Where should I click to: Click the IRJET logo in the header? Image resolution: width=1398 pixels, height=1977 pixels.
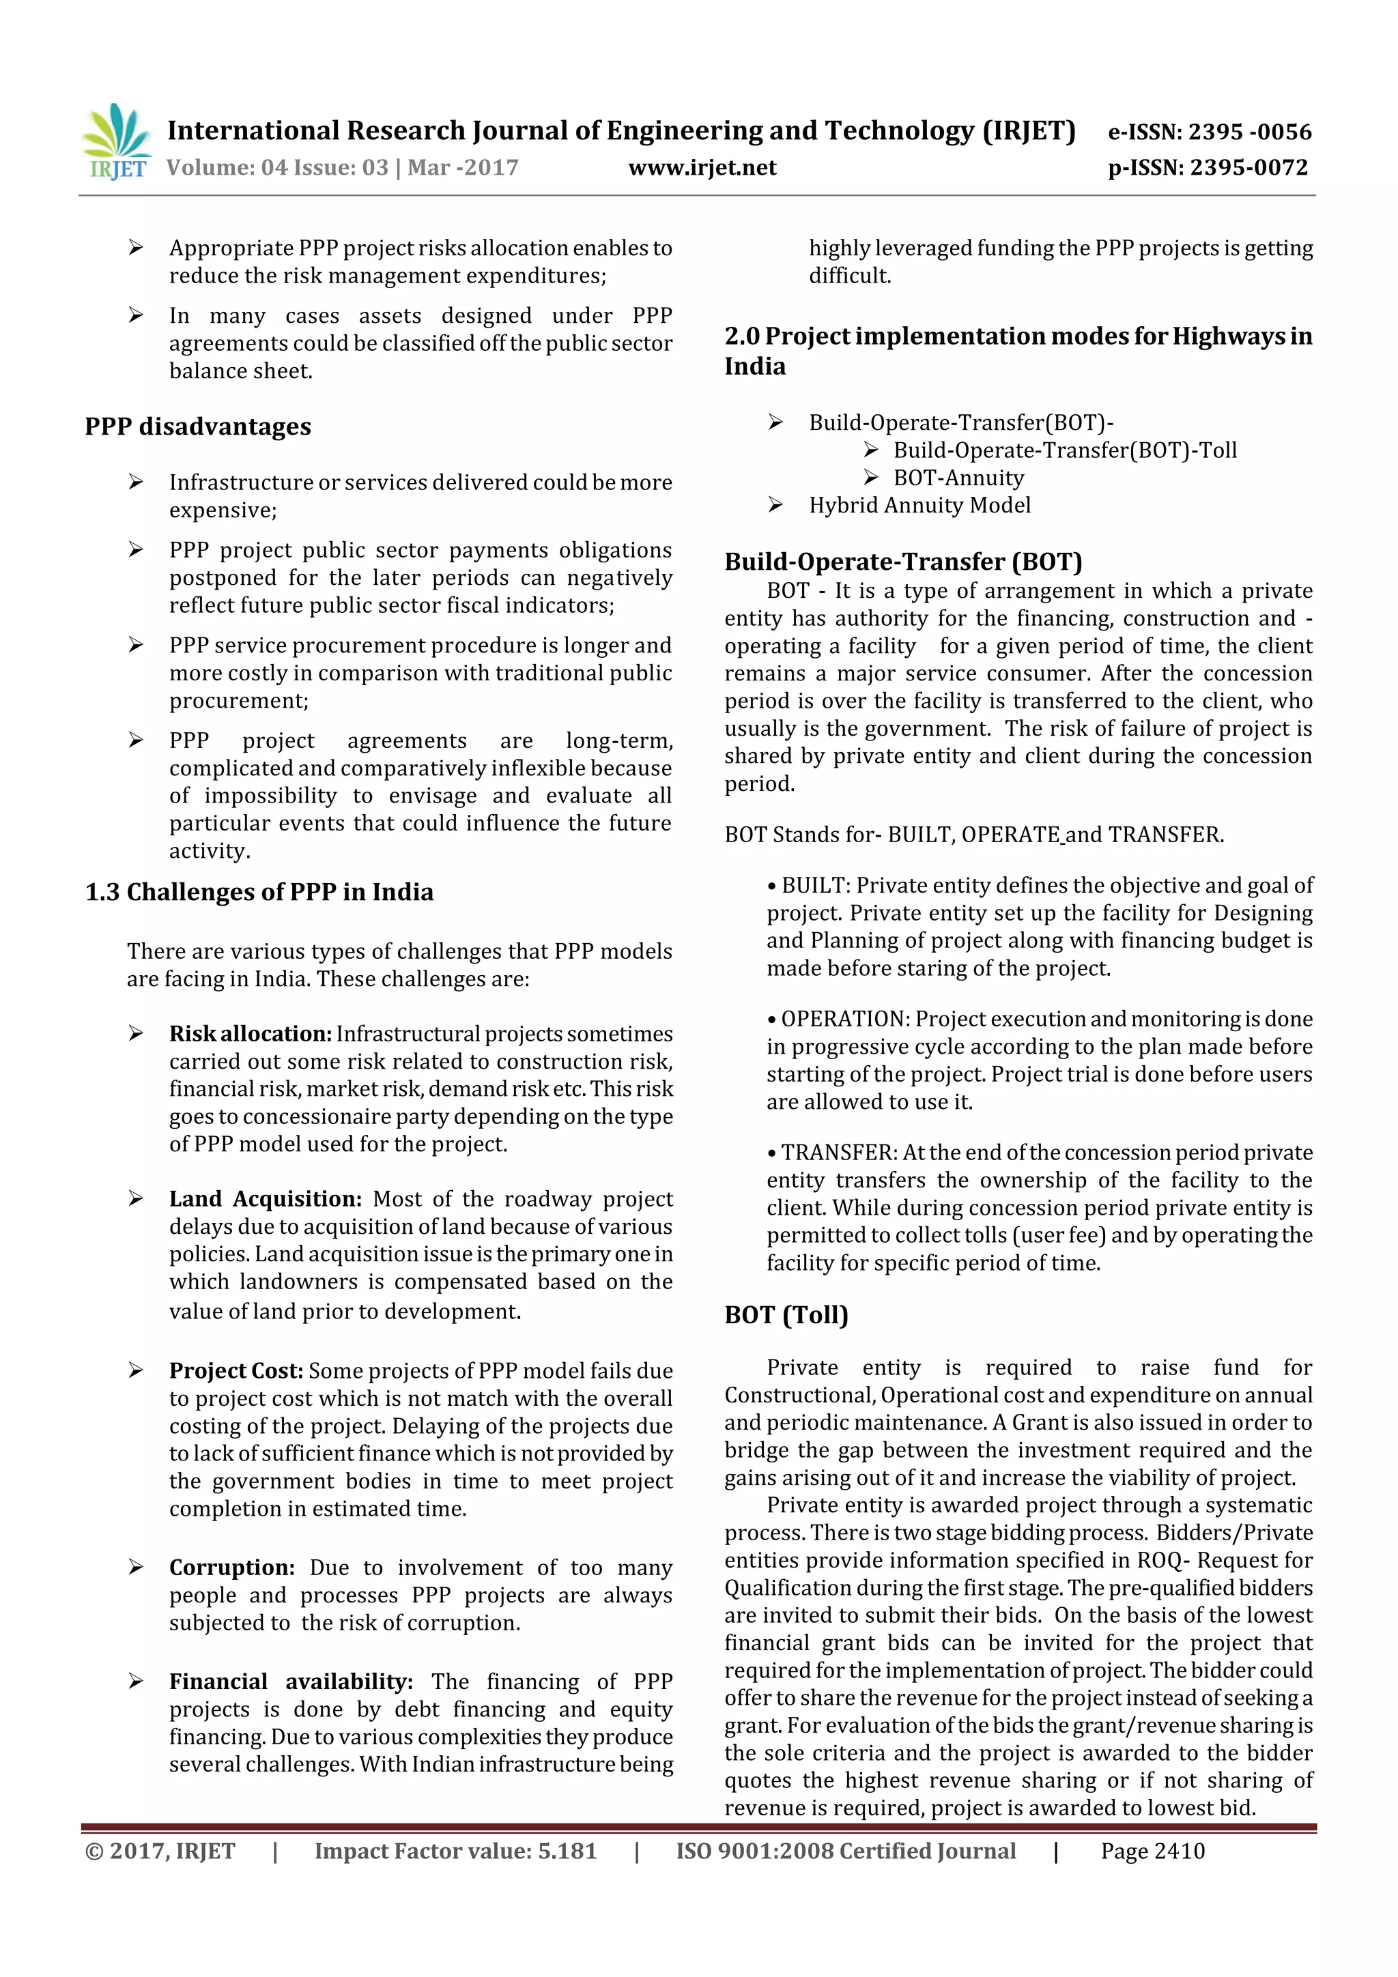tap(115, 141)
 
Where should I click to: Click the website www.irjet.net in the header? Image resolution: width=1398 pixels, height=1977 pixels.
tap(702, 167)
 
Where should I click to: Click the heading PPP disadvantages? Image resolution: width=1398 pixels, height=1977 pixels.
tap(197, 427)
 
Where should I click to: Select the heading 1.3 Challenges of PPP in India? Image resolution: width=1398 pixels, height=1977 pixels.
tap(259, 892)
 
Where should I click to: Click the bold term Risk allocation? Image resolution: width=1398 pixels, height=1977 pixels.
tap(250, 1033)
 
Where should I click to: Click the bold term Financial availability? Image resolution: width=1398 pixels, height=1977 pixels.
tap(290, 1681)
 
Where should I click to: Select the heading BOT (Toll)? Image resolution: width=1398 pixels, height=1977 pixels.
tap(786, 1315)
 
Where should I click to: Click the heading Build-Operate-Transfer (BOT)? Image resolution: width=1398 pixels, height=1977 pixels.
tap(902, 562)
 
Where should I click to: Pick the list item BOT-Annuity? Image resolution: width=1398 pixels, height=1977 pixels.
tap(958, 478)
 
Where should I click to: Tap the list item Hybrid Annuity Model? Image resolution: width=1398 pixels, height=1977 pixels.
tap(919, 506)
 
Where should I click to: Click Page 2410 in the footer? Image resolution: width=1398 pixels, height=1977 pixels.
tap(1152, 1851)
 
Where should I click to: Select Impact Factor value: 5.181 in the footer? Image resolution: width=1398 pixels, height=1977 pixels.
tap(455, 1851)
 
